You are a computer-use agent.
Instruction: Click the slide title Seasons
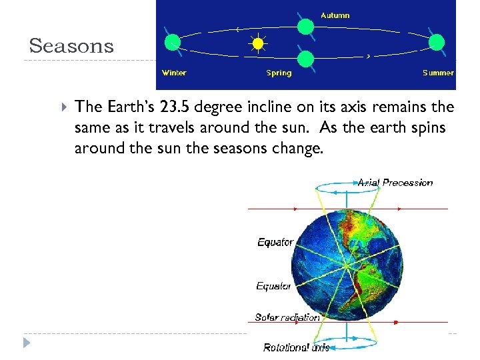click(71, 46)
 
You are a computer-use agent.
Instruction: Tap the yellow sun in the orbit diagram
click(258, 45)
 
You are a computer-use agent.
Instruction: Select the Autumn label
click(335, 15)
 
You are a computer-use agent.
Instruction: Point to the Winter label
click(174, 73)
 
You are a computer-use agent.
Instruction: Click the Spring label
click(279, 73)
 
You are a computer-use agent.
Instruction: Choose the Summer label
click(438, 73)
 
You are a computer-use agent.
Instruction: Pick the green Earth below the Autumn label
click(305, 27)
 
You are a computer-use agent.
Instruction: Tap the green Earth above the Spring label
click(305, 59)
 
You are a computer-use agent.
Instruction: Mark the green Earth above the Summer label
click(436, 43)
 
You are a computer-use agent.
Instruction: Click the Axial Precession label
click(395, 182)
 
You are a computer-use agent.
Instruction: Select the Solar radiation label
click(287, 317)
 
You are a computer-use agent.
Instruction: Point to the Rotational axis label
click(296, 347)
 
